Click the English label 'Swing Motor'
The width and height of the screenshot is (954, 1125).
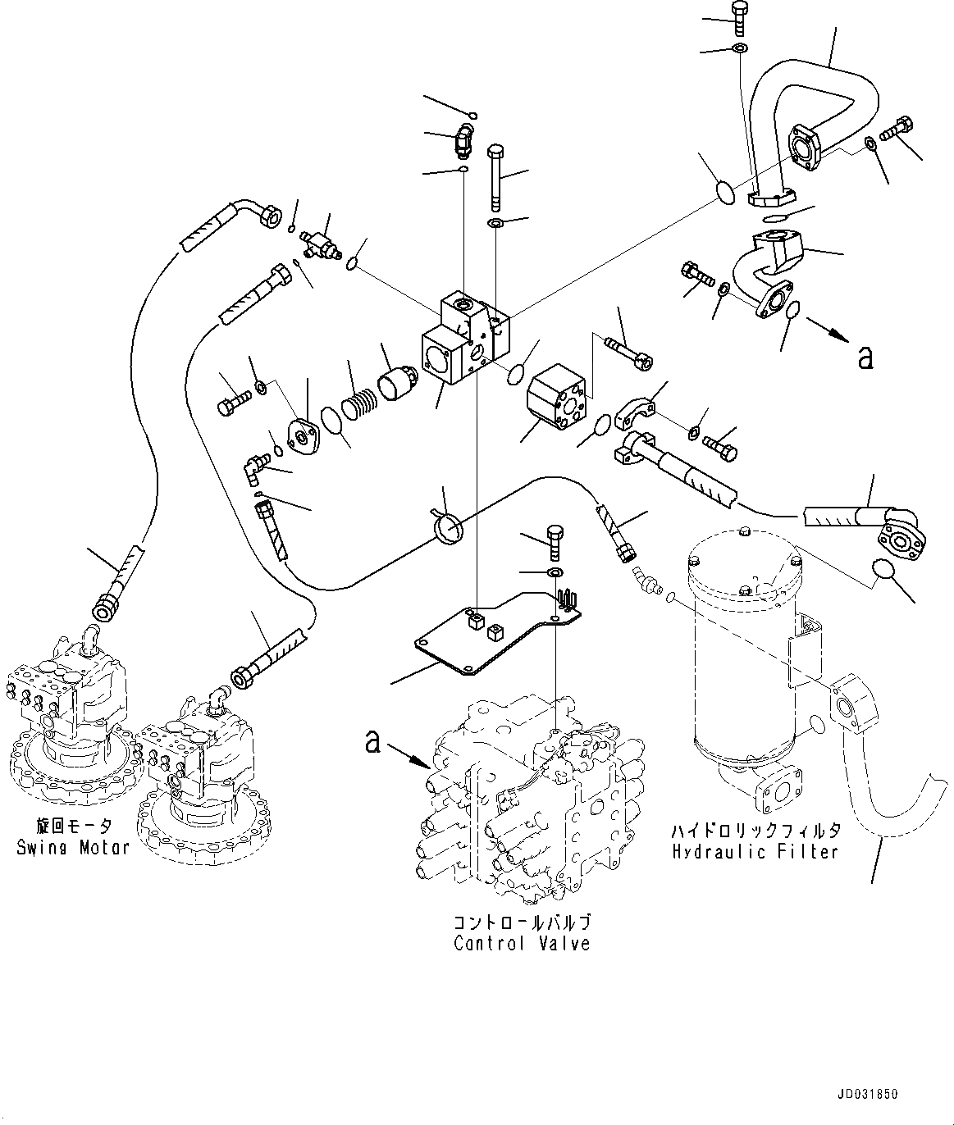tap(72, 847)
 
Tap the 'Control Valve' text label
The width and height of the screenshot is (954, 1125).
tap(522, 944)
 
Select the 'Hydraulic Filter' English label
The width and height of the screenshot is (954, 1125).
tap(755, 852)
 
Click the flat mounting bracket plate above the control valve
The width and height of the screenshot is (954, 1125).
tap(492, 631)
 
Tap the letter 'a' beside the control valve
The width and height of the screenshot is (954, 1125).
tap(372, 742)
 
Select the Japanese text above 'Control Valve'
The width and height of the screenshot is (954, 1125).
tap(522, 921)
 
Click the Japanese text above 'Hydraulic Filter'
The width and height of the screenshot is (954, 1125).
tap(755, 830)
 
